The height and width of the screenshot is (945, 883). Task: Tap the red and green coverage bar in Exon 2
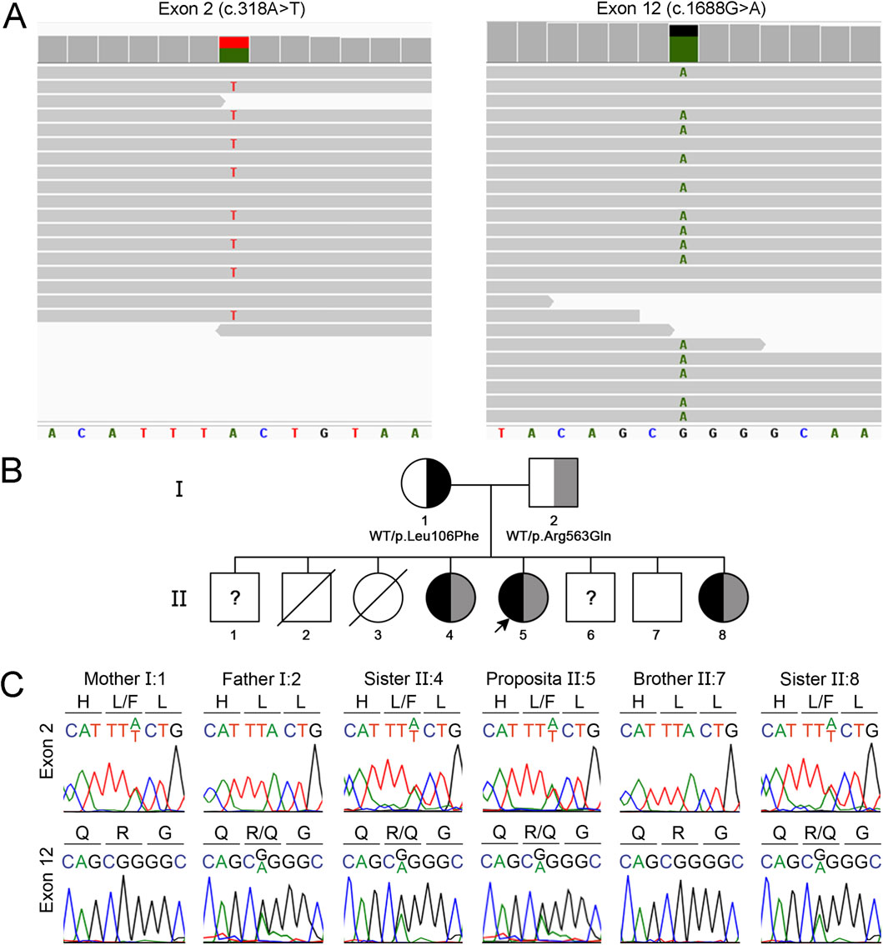(x=233, y=49)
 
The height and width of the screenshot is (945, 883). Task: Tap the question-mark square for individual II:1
(x=234, y=597)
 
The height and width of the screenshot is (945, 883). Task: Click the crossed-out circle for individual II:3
(x=377, y=597)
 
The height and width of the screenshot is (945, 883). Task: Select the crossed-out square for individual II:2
(x=306, y=597)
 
